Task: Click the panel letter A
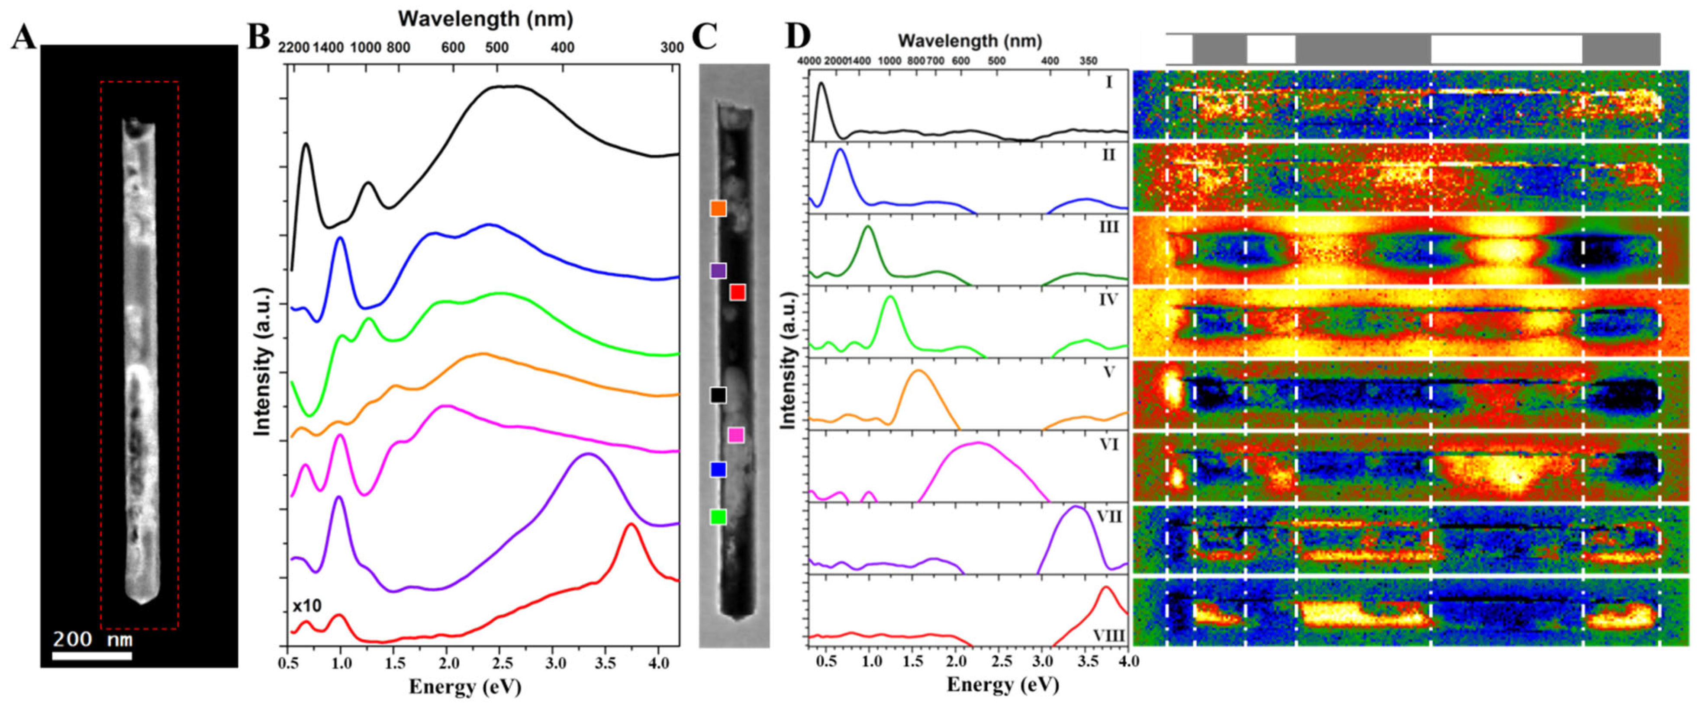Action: coord(24,38)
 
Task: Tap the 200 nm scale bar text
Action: coord(93,639)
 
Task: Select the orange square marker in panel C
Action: coord(718,208)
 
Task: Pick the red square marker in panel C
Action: coord(738,292)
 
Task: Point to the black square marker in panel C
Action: coord(718,395)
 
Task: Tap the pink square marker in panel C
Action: coord(736,435)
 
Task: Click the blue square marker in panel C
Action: coord(718,469)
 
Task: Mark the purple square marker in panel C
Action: coord(718,270)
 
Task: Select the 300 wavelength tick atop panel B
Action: coord(672,48)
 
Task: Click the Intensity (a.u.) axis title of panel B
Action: coord(263,362)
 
